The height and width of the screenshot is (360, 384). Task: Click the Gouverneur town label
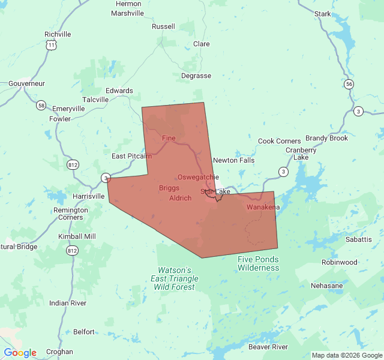click(26, 83)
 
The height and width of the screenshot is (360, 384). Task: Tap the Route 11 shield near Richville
click(52, 45)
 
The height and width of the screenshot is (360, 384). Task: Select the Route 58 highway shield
click(41, 105)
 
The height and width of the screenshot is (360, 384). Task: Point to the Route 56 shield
click(349, 84)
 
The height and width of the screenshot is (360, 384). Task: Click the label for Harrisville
click(88, 196)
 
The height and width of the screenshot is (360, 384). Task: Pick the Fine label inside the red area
click(169, 139)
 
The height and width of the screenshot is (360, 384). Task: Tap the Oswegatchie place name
click(194, 177)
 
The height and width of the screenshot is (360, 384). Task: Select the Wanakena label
click(263, 207)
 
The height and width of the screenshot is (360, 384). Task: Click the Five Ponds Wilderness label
click(258, 263)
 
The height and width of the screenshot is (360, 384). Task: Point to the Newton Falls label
click(234, 160)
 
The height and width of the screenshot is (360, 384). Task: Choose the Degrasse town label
click(196, 76)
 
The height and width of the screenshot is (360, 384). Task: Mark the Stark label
click(322, 13)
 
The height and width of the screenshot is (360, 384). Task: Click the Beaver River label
click(268, 347)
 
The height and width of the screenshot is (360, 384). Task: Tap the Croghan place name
click(59, 352)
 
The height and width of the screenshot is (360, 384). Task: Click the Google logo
click(20, 353)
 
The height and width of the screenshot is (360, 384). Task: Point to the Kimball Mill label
click(77, 236)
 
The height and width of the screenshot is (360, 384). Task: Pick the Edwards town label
click(119, 91)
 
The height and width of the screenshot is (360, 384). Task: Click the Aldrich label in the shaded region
click(180, 198)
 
